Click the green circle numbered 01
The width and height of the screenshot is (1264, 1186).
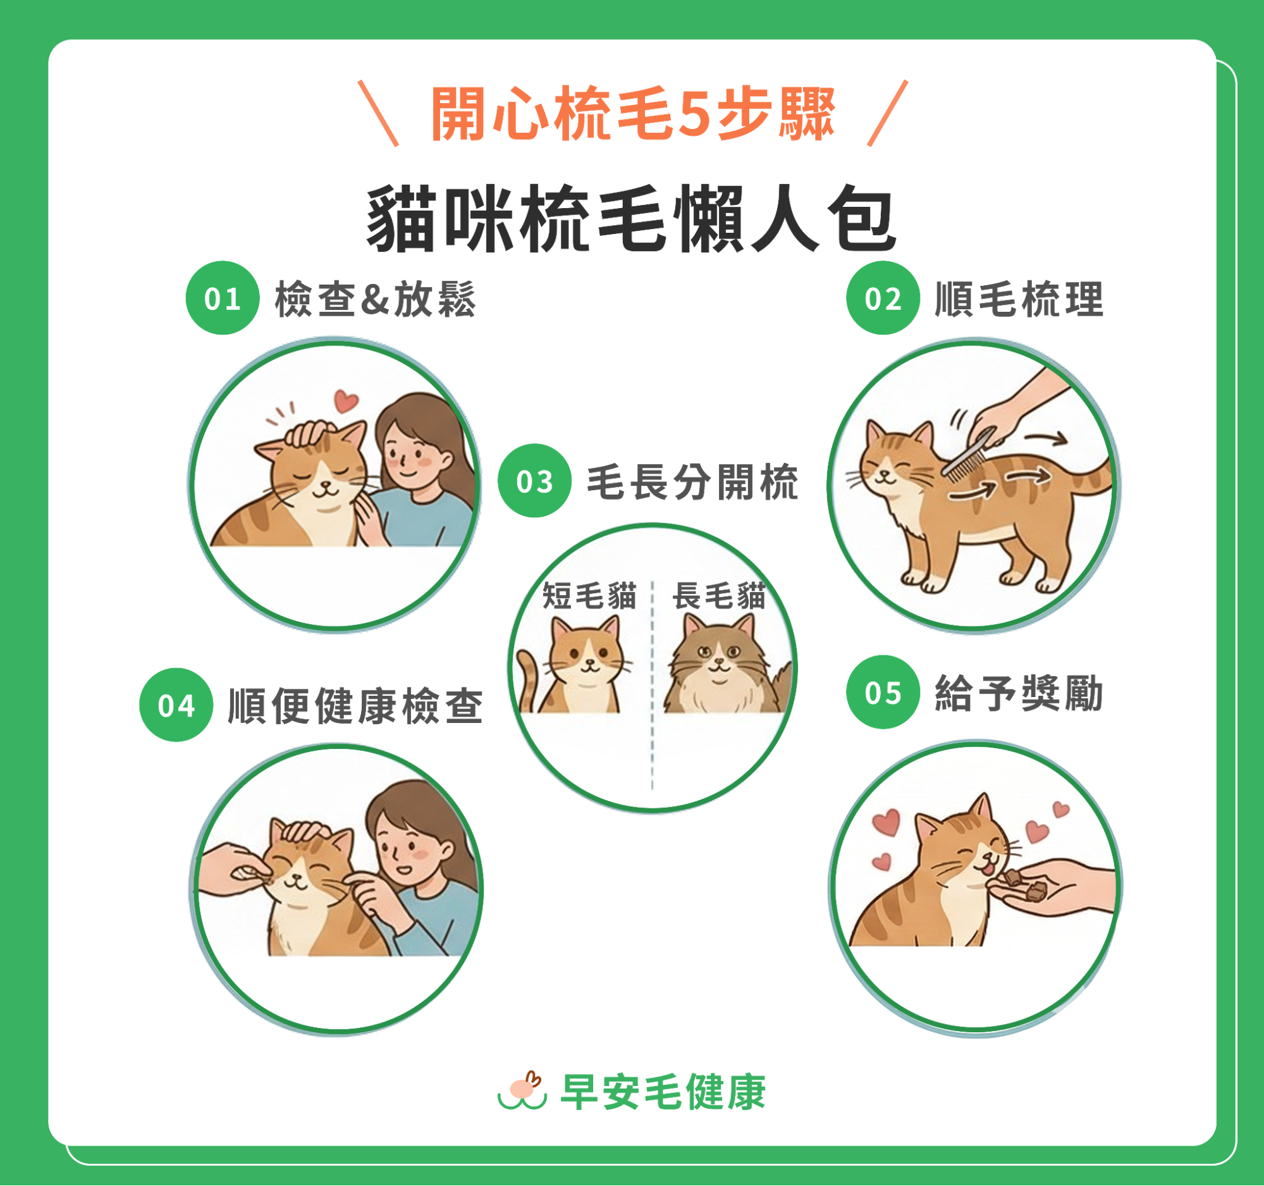click(223, 298)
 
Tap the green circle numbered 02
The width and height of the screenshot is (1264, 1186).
click(883, 298)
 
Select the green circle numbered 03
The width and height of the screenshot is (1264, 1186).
click(534, 480)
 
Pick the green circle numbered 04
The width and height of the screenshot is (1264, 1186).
click(176, 705)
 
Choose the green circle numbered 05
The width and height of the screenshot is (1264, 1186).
click(883, 692)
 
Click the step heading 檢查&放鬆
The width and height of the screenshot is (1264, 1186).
click(375, 299)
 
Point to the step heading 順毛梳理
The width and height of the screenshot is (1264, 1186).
click(1019, 299)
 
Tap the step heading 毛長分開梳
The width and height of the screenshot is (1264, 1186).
click(692, 482)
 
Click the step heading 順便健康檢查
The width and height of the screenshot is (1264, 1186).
click(355, 706)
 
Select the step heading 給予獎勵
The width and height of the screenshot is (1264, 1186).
click(1019, 693)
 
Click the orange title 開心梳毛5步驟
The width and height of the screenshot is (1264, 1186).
click(633, 114)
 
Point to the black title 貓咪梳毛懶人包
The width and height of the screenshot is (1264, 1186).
click(631, 219)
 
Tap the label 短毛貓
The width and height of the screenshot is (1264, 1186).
click(589, 596)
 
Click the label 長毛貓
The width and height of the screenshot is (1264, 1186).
click(719, 596)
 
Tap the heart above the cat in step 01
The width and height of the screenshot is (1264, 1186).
click(347, 400)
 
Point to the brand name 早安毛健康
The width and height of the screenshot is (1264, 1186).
click(663, 1092)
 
